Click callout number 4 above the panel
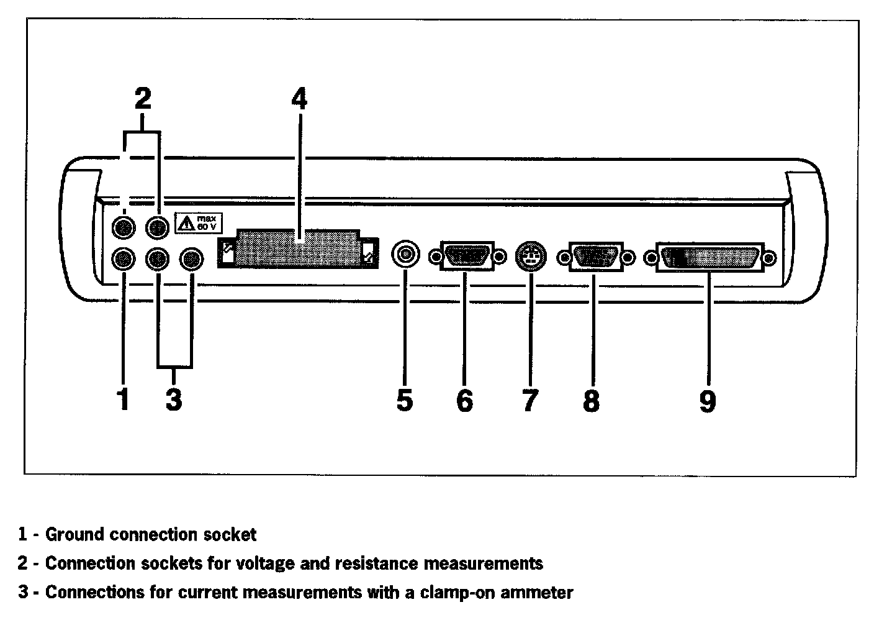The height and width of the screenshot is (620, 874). tap(300, 99)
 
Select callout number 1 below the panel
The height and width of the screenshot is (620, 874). tap(124, 399)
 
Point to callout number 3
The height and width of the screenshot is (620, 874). tap(174, 399)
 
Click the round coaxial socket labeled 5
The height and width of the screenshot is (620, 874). tap(405, 253)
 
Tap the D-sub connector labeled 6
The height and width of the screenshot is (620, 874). tap(467, 256)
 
